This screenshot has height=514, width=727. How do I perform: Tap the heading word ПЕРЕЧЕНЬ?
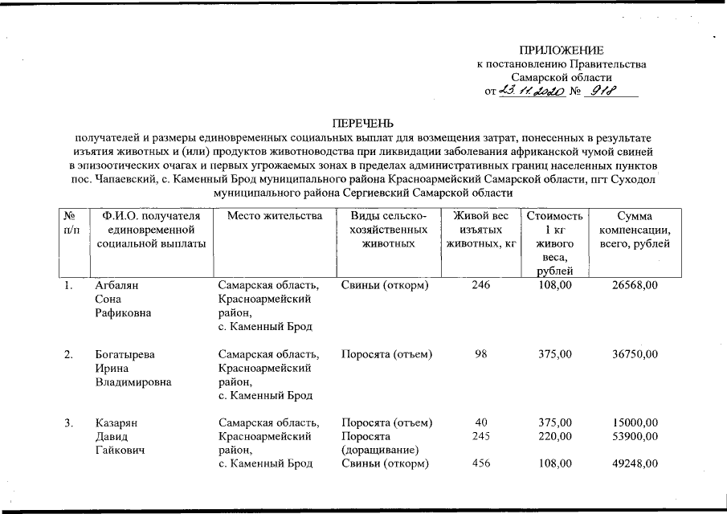tap(363, 124)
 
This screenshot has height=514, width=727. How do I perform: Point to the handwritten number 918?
tap(600, 92)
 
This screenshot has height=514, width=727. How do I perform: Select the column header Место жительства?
tap(274, 216)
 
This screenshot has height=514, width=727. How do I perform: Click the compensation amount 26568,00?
tap(635, 285)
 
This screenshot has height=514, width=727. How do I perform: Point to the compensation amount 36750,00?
tap(635, 354)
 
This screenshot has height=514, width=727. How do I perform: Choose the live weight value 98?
tap(481, 354)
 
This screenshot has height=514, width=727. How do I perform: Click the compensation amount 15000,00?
tap(635, 422)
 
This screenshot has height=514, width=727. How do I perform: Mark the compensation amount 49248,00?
tap(635, 463)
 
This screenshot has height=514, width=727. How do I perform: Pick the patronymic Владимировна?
tap(133, 381)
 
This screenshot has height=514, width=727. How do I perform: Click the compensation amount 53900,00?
tap(635, 436)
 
